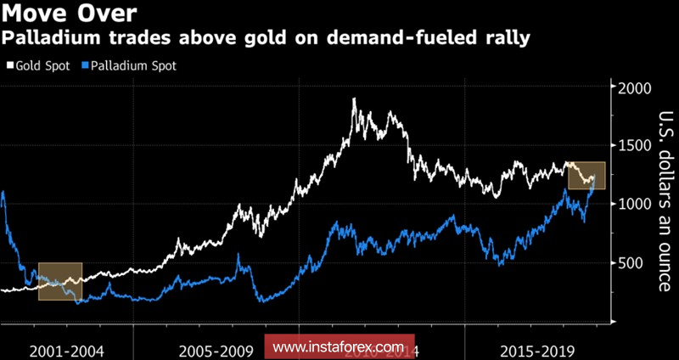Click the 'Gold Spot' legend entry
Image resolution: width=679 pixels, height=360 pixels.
pyautogui.click(x=40, y=65)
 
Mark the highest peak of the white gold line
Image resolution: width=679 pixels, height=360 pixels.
pyautogui.click(x=353, y=100)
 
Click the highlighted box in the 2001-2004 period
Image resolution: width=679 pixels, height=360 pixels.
pyautogui.click(x=60, y=281)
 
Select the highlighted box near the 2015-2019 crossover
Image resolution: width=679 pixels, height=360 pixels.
pyautogui.click(x=586, y=176)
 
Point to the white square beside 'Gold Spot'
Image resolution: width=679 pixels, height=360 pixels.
pyautogui.click(x=8, y=65)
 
